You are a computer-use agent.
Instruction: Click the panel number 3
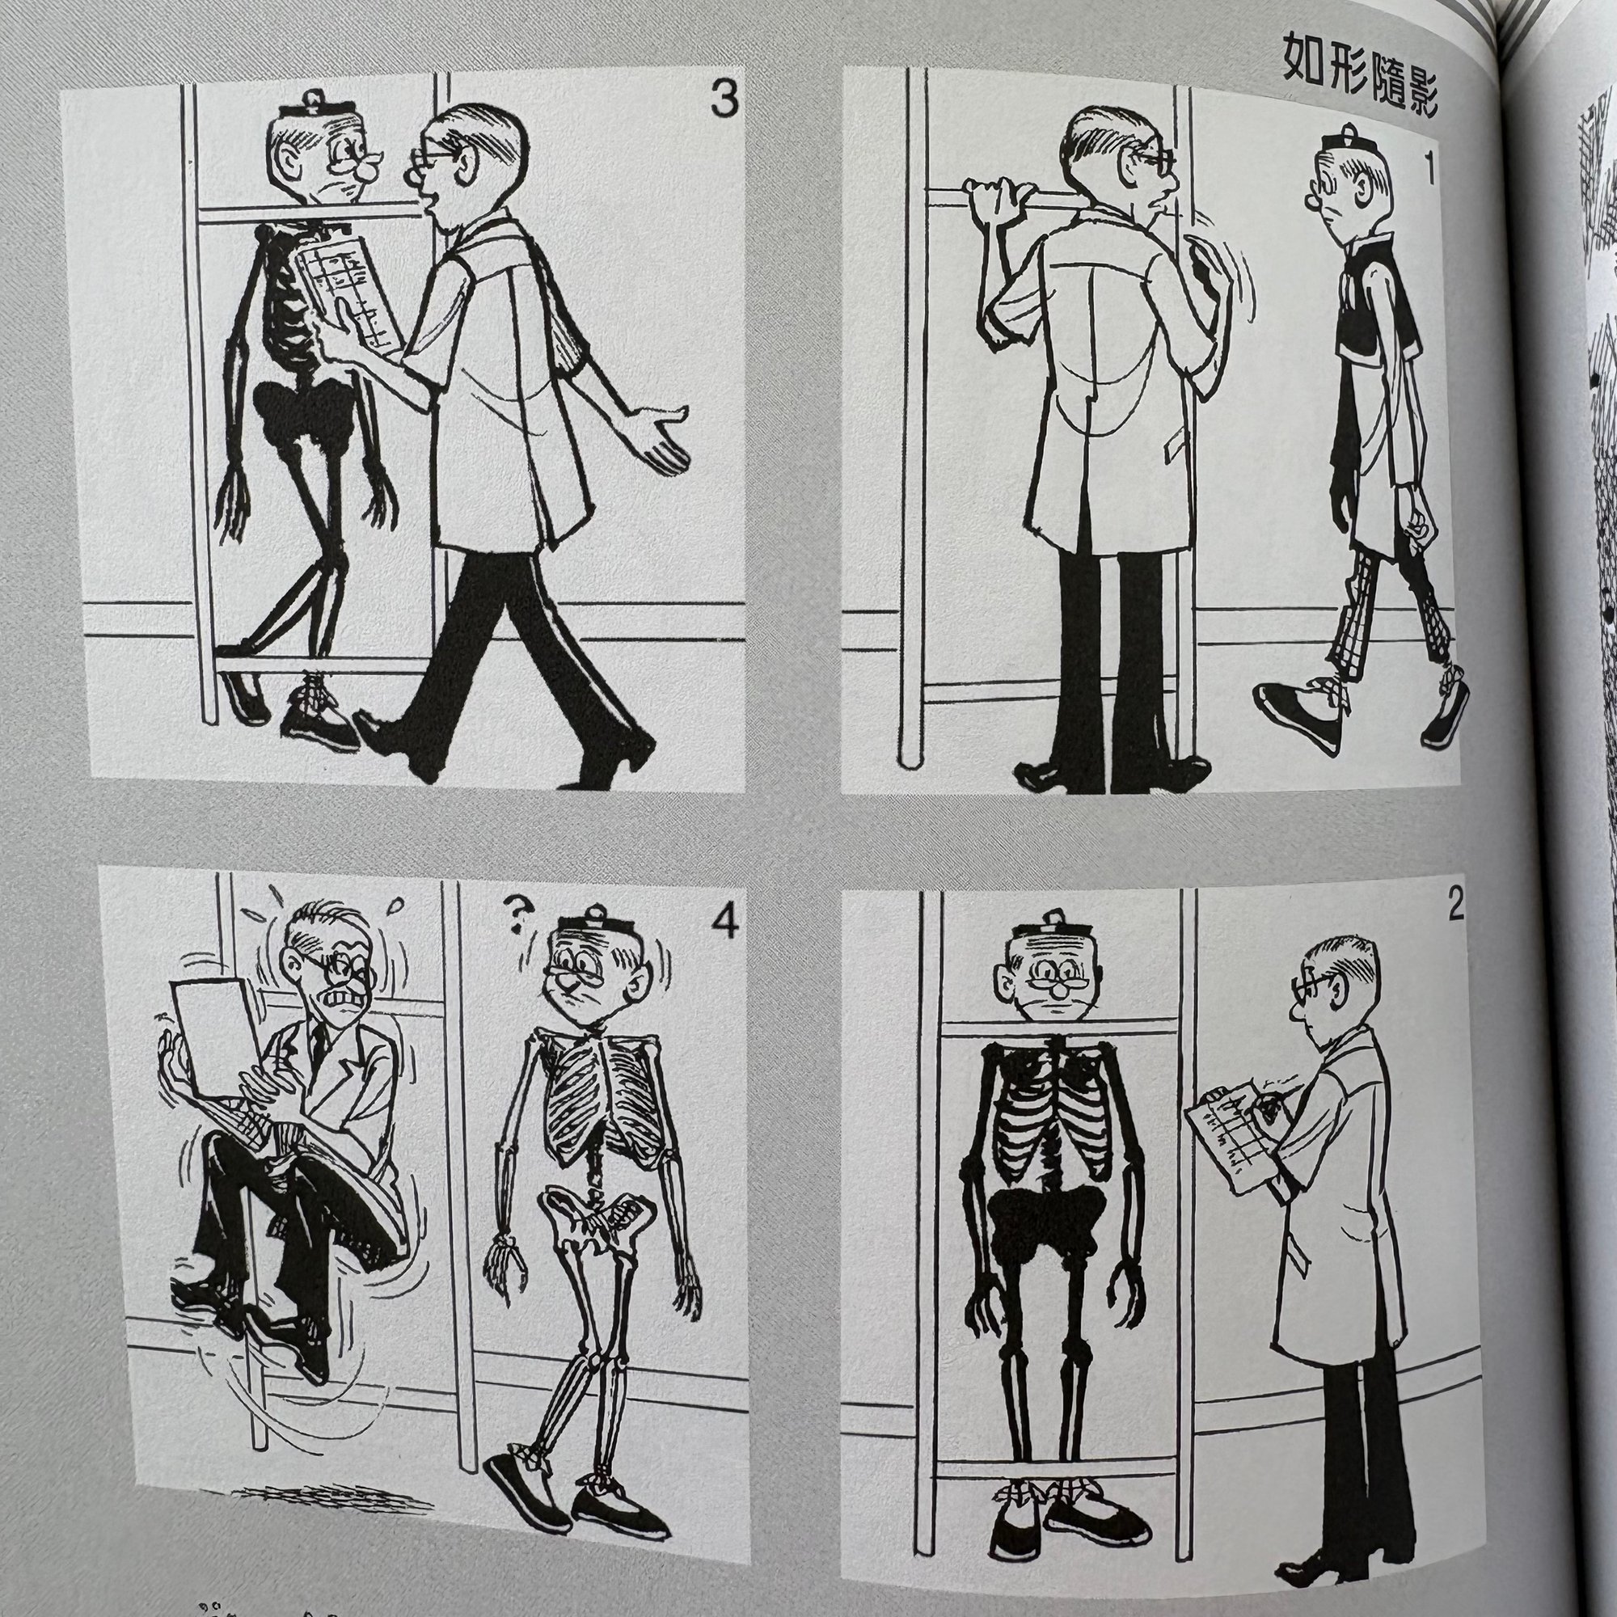[x=723, y=99]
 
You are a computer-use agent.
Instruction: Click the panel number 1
[x=1429, y=170]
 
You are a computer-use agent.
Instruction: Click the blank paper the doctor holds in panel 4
[x=209, y=1036]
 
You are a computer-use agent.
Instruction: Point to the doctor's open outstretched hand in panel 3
[x=661, y=433]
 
